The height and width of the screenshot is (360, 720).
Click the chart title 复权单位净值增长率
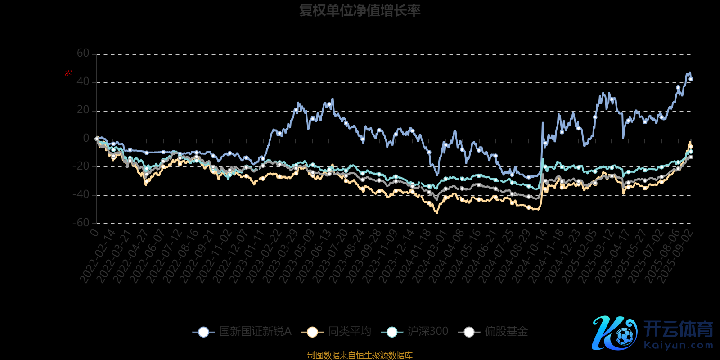(x=360, y=10)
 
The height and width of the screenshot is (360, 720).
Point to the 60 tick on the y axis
(x=83, y=54)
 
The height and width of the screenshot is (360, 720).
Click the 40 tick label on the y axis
(x=83, y=82)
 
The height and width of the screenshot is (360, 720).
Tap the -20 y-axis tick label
(x=81, y=166)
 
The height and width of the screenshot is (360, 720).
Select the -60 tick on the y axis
(x=81, y=223)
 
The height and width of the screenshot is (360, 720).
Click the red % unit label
(x=68, y=73)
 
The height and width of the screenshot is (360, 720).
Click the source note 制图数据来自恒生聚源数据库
(x=360, y=355)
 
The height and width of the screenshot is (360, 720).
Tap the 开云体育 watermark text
(x=678, y=329)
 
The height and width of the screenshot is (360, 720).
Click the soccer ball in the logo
(x=624, y=336)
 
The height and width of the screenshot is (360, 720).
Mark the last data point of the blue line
(x=691, y=79)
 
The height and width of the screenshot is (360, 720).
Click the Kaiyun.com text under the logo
(x=679, y=346)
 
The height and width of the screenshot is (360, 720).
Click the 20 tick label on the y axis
(x=83, y=110)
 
